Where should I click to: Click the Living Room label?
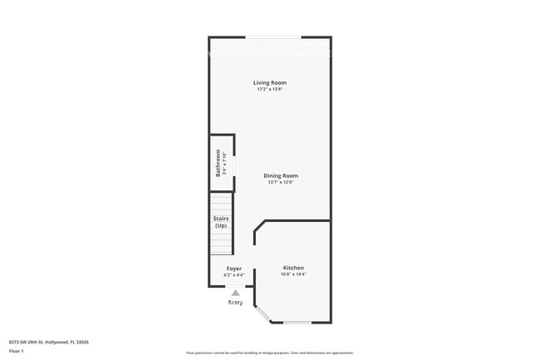coord(270,82)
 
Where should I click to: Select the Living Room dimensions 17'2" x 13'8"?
coord(270,89)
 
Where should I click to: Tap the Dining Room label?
coord(281,175)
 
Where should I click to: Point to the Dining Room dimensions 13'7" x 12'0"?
coord(281,182)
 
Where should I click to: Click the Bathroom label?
coord(218,163)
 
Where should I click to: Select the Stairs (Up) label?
coord(221,222)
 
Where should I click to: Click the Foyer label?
coord(234,269)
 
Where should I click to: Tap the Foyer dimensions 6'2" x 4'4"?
coord(234,275)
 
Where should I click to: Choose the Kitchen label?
coord(293,268)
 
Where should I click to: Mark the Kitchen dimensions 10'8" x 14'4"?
coord(293,274)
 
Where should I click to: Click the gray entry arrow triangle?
coord(235,293)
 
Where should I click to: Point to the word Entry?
coord(236,303)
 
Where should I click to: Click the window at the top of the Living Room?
coord(272,37)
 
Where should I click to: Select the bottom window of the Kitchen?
coord(297,323)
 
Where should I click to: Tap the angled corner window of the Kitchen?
coord(263,314)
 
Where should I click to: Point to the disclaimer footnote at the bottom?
coord(270,353)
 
